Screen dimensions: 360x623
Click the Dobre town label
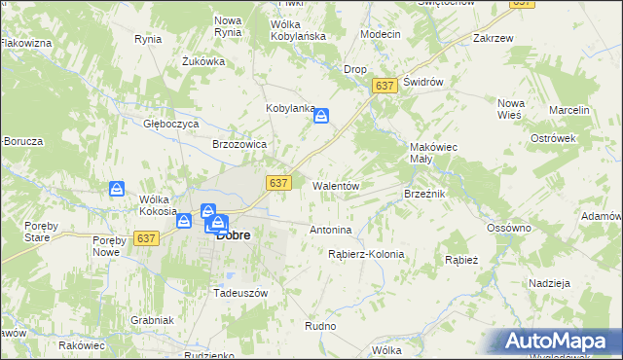tap(235, 234)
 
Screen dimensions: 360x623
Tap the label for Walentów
tap(337, 185)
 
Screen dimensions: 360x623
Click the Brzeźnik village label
tap(424, 194)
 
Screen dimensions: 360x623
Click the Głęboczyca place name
tap(171, 125)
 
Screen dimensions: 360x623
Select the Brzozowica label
tap(239, 143)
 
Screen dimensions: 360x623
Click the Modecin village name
tap(380, 34)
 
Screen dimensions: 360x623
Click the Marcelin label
tap(569, 111)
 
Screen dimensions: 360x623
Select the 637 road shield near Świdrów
tap(385, 88)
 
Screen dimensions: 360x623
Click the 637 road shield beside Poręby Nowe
tap(147, 238)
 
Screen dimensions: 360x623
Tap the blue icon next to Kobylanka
tap(322, 117)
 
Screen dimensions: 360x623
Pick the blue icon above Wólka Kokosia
tap(117, 188)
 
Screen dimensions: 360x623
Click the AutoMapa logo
tap(559, 342)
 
